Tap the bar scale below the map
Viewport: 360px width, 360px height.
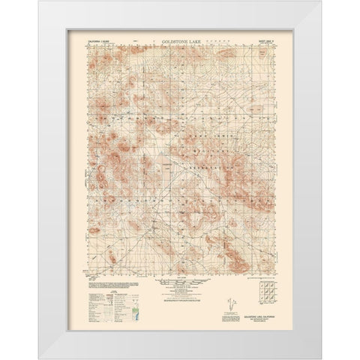(x=180, y=280)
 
